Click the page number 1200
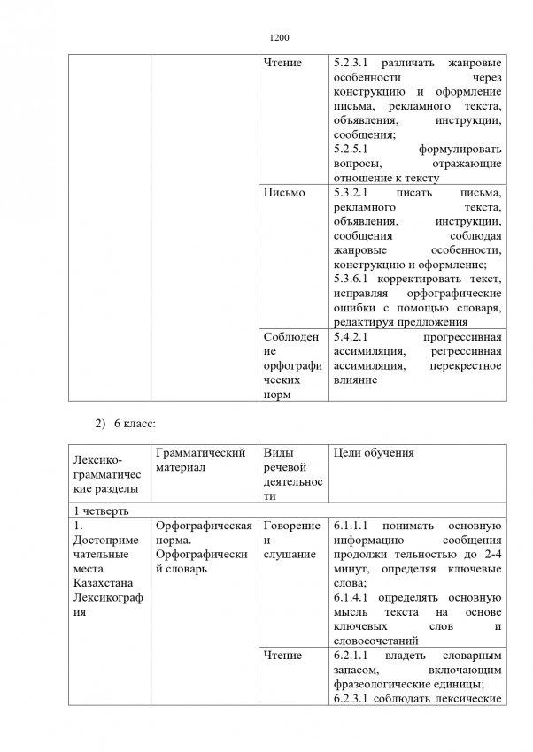[279, 38]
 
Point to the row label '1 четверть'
[101, 510]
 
